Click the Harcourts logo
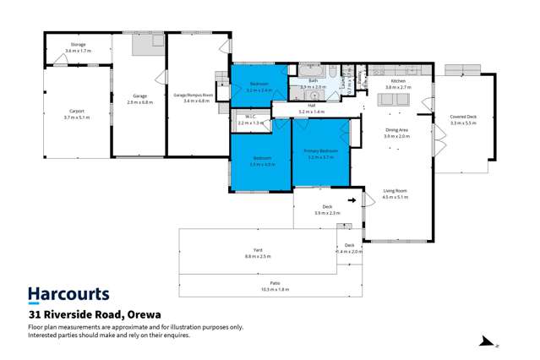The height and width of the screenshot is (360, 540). click(68, 294)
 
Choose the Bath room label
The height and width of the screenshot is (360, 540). click(313, 80)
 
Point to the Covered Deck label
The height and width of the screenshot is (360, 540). click(463, 117)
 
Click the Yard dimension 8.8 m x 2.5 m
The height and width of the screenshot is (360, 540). click(258, 255)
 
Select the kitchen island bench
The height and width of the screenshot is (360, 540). click(390, 99)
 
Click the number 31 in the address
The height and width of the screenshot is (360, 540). click(36, 314)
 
